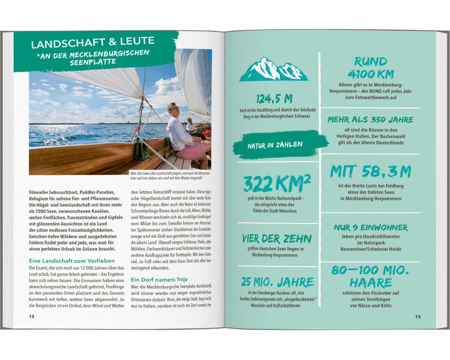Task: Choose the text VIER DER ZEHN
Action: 277,239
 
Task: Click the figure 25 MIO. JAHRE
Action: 277,283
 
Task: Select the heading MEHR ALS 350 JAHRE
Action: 370,120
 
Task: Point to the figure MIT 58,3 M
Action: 370,172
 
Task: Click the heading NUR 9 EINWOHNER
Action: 371,228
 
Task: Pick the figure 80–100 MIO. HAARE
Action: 370,277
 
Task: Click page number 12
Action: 31,316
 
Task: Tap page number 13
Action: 418,317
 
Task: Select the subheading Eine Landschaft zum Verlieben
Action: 72,261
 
